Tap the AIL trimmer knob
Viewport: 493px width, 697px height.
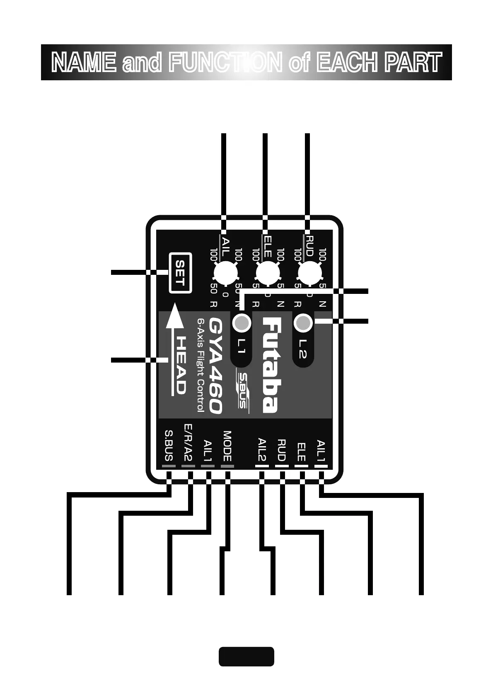225,273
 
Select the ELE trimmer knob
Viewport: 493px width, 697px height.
268,273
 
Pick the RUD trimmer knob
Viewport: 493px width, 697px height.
309,273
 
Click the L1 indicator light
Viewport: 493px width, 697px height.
241,322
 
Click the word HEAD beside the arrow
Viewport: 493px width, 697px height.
181,365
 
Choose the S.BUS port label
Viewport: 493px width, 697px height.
169,445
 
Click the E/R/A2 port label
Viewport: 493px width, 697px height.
188,442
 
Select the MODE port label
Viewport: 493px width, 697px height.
227,446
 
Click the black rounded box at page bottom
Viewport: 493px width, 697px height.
247,656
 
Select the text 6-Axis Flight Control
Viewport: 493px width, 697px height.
201,365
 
